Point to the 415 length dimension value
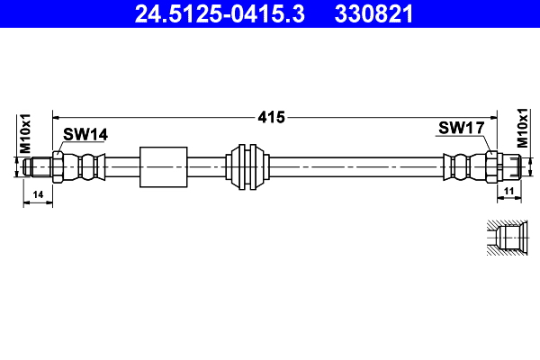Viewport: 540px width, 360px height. [271, 117]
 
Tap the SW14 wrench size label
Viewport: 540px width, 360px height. [85, 134]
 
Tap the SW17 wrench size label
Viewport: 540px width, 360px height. [462, 129]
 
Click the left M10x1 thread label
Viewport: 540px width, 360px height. [26, 132]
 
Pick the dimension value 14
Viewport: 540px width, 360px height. [38, 194]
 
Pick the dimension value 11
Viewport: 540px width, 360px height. [508, 193]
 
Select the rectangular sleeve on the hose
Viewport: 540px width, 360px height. [163, 166]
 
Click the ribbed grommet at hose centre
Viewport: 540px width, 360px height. [248, 166]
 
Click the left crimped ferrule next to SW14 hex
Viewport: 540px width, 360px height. [86, 166]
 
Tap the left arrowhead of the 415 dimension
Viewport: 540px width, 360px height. [57, 117]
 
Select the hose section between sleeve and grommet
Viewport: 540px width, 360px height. [209, 166]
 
